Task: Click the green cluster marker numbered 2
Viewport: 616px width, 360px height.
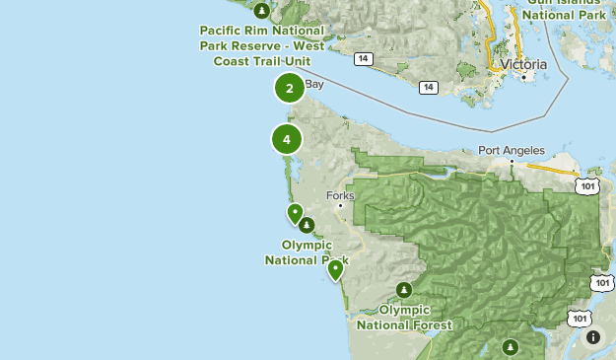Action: pos(289,89)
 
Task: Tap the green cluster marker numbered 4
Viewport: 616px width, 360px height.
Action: pos(287,139)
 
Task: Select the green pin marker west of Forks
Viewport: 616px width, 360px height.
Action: pos(295,212)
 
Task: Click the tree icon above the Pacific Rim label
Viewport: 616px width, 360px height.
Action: pos(261,12)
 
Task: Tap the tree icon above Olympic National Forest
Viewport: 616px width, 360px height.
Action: pos(404,289)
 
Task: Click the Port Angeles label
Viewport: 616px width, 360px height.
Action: pos(510,151)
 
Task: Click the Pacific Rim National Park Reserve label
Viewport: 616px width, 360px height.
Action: pos(260,44)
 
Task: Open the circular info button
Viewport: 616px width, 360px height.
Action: pos(592,337)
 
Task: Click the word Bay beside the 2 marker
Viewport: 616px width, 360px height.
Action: pos(314,85)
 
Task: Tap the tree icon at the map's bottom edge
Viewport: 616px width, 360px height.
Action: pos(510,346)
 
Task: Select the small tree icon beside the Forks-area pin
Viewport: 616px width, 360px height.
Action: pos(308,225)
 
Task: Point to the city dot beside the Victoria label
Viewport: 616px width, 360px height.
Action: pos(524,76)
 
